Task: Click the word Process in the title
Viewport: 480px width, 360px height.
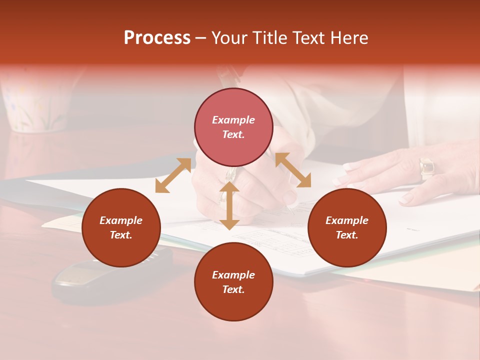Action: point(157,38)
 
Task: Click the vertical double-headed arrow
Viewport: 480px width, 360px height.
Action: point(229,205)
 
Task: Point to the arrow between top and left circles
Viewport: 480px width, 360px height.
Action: point(173,175)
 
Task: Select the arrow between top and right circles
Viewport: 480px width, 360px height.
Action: point(293,170)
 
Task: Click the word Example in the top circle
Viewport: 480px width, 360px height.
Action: point(233,120)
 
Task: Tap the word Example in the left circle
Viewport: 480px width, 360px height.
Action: point(121,220)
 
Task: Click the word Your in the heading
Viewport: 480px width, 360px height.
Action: point(230,38)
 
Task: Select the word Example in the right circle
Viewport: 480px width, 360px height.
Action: point(347,220)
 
